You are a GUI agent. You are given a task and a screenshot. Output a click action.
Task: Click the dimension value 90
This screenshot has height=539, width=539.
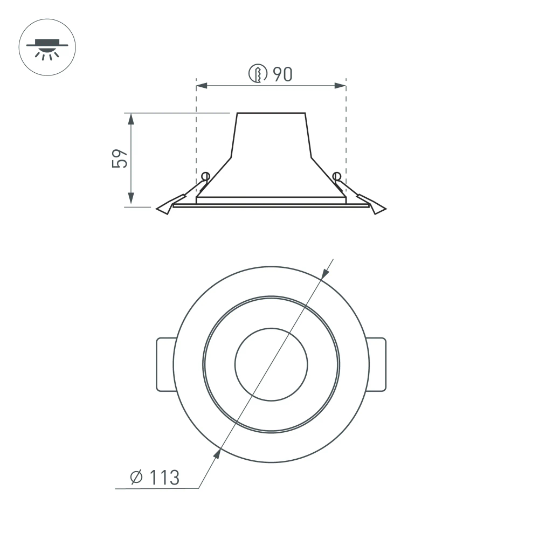282,74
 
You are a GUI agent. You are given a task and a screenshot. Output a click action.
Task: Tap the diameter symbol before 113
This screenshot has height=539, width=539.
136,477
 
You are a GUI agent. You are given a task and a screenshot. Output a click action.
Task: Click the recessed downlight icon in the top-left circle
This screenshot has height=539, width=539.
47,47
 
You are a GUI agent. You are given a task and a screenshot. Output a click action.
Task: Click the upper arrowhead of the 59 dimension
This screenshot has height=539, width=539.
131,118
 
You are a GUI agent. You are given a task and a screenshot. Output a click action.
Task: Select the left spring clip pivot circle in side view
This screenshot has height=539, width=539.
205,176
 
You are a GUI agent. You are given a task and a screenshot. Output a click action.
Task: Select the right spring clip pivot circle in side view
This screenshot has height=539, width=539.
337,176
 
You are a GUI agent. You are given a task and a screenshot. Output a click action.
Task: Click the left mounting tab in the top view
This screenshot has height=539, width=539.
165,364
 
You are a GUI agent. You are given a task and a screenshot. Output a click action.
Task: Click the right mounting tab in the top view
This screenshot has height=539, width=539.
377,364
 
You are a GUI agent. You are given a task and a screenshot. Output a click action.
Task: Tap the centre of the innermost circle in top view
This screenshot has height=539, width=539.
271,364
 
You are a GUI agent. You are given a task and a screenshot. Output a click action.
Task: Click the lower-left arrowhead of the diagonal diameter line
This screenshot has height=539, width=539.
218,454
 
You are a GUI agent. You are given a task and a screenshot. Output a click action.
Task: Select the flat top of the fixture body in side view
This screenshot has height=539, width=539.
271,113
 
